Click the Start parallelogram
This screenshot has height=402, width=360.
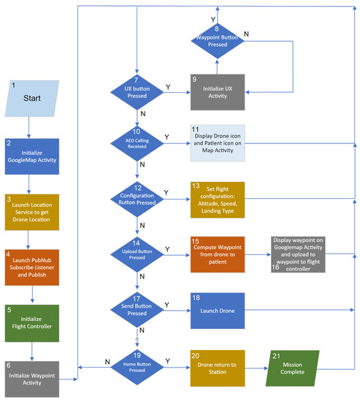pos(31,98)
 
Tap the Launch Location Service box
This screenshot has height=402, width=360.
pos(31,211)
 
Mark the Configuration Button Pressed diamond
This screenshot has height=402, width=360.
pos(137,197)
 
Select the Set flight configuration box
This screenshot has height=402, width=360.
pos(217,197)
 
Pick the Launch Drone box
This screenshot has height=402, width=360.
pos(217,311)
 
